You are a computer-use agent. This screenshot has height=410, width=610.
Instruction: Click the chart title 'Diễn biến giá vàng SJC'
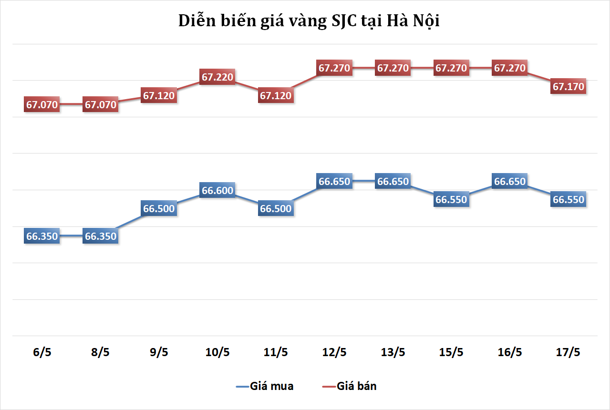308,21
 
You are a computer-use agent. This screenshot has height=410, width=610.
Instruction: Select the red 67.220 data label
217,77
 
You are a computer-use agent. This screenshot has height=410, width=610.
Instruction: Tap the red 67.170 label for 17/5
568,87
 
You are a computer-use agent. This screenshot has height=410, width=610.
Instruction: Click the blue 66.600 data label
217,191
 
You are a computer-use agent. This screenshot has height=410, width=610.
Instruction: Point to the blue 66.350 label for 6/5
42,236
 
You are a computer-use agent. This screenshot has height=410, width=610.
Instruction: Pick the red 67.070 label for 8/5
101,104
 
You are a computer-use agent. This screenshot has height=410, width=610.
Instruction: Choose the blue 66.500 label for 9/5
159,209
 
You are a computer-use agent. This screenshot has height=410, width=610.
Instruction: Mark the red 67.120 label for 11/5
276,95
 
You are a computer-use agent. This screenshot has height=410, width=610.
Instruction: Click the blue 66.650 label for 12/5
334,181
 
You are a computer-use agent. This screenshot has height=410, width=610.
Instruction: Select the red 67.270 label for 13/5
393,68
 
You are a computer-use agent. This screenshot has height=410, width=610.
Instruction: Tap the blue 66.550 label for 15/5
451,199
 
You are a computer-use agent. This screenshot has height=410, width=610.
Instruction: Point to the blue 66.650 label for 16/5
510,181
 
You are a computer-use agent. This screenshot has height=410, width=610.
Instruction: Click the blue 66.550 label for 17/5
568,199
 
